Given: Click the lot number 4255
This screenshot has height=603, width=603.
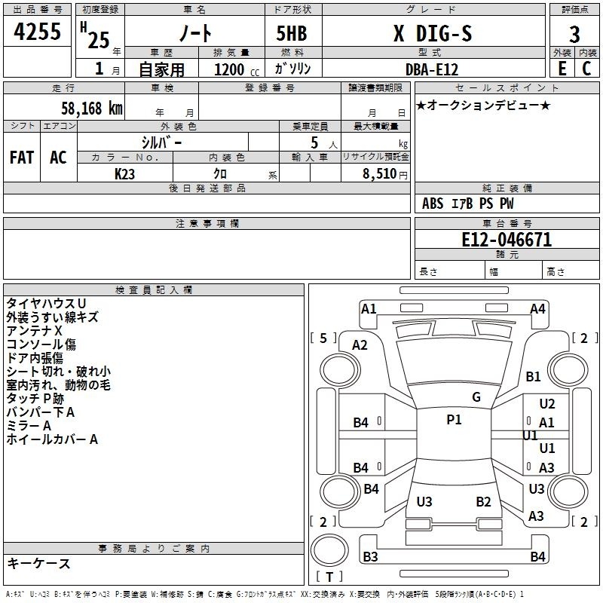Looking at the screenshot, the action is (x=37, y=31).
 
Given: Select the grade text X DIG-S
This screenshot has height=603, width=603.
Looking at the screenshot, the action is (x=433, y=33).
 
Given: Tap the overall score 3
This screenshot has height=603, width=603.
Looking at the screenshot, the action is (x=574, y=35).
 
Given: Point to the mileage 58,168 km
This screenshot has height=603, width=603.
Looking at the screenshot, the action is (x=92, y=108).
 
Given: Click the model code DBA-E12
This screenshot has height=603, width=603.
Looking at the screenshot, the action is (x=432, y=69).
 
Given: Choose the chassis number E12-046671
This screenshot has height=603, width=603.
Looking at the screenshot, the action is (x=507, y=239).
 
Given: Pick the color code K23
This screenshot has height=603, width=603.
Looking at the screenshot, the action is (x=124, y=174).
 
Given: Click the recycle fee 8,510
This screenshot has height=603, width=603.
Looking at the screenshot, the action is (x=379, y=173).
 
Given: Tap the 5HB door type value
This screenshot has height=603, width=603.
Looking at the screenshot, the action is (x=292, y=33).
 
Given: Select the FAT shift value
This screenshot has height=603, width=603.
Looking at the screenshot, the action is (x=22, y=158).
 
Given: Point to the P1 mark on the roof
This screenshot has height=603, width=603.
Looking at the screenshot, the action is (x=454, y=419).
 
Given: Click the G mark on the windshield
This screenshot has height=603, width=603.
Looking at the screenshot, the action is (x=476, y=396).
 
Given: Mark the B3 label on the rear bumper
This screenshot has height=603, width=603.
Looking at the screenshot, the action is (x=370, y=556).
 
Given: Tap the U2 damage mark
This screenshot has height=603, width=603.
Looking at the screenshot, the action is (x=547, y=403).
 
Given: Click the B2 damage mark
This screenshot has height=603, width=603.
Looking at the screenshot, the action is (x=483, y=501).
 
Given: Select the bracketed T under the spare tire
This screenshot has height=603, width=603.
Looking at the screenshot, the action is (x=329, y=577).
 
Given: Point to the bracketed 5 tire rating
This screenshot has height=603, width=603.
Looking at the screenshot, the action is (x=323, y=338).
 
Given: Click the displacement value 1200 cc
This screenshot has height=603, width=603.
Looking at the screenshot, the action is (x=237, y=69).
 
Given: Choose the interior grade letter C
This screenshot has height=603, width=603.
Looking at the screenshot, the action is (x=586, y=69).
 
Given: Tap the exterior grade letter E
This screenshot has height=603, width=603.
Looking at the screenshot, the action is (x=562, y=69).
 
